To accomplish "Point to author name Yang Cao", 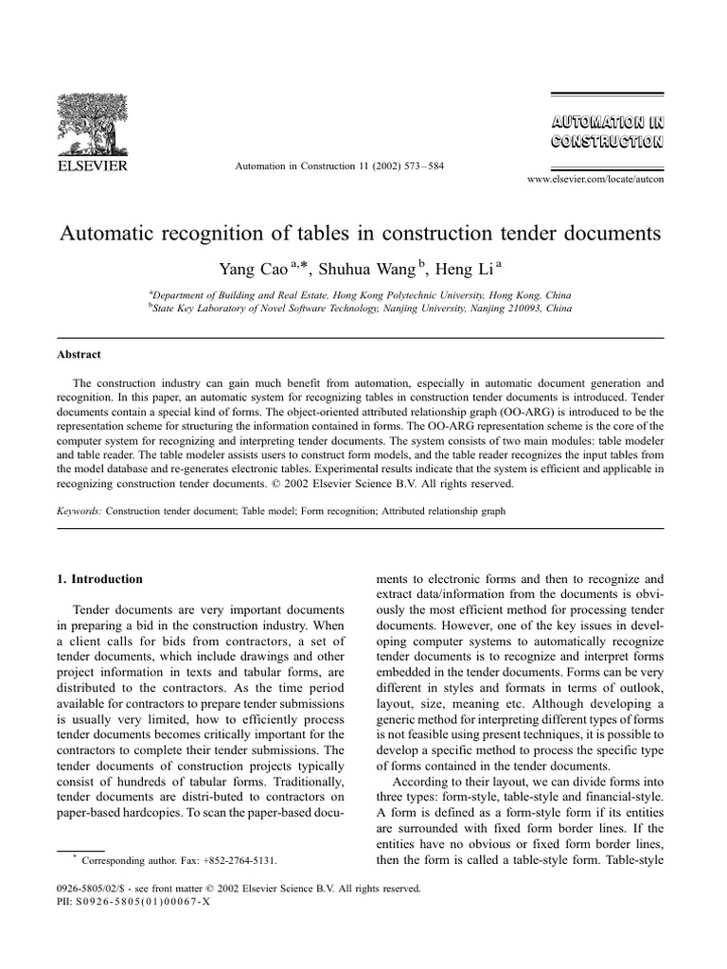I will point(251,268).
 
